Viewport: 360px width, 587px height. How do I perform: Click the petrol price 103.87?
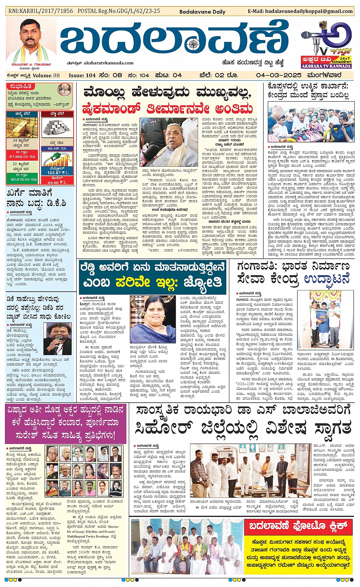click(x=54, y=172)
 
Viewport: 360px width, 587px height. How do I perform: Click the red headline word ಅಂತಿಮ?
click(x=234, y=109)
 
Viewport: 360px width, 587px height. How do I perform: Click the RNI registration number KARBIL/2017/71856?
click(x=41, y=11)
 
